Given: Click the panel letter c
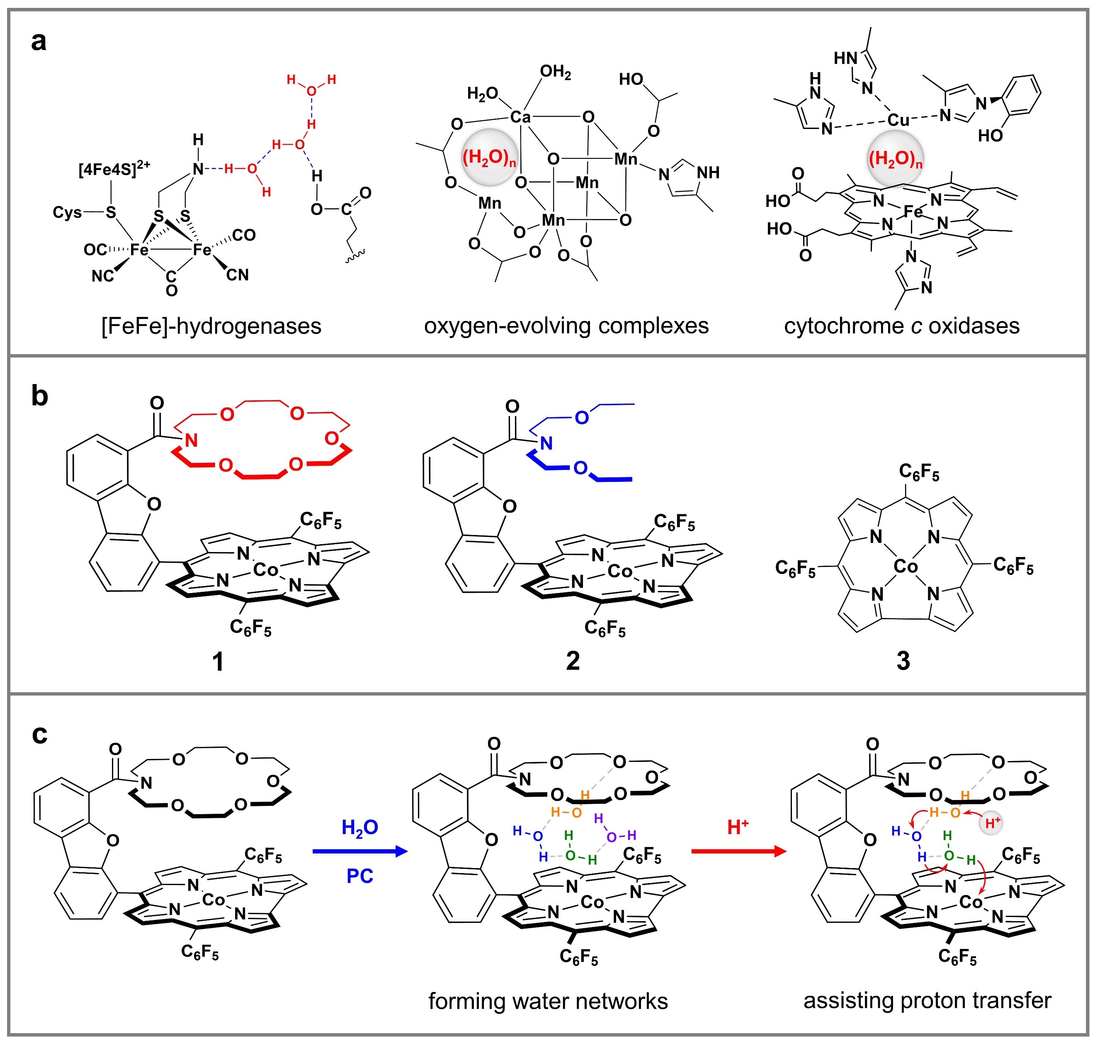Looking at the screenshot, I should pyautogui.click(x=39, y=735).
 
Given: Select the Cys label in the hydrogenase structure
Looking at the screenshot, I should pyautogui.click(x=67, y=212).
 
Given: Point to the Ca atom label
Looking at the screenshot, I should pyautogui.click(x=520, y=117).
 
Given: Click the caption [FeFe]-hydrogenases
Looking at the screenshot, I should pyautogui.click(x=211, y=326).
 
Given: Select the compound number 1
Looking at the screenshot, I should pyautogui.click(x=218, y=661).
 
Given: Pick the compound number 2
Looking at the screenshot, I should pyautogui.click(x=573, y=661).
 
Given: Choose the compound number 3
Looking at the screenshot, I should pyautogui.click(x=903, y=661).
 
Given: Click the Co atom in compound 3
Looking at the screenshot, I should pyautogui.click(x=905, y=567).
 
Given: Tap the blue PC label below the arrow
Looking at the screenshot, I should pyautogui.click(x=359, y=876).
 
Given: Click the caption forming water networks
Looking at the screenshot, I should pyautogui.click(x=548, y=1001).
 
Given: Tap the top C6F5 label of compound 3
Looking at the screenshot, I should pyautogui.click(x=919, y=473).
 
